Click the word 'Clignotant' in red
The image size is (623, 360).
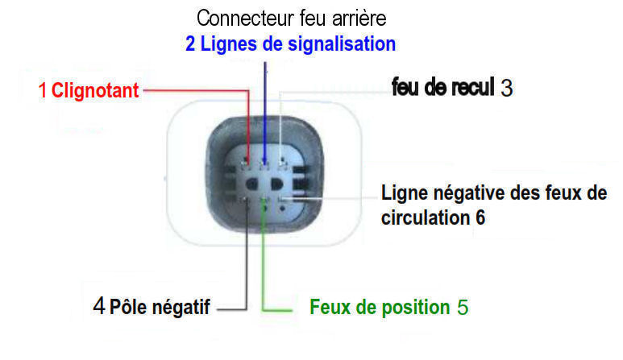(96, 90)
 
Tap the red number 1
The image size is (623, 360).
(43, 90)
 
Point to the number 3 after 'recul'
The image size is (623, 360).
(506, 88)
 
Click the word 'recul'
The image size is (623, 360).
(471, 87)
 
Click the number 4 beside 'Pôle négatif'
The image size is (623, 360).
(99, 306)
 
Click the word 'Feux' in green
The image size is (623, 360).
(330, 307)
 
